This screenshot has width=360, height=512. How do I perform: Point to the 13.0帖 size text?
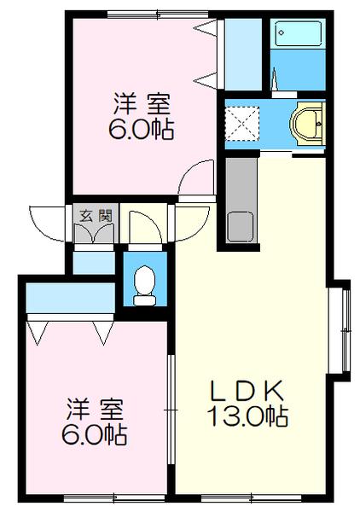click(x=247, y=417)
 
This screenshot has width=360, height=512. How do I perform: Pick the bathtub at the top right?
click(x=296, y=35)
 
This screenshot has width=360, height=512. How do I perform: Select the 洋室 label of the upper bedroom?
click(x=142, y=106)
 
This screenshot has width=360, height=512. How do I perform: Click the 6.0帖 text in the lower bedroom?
click(x=93, y=435)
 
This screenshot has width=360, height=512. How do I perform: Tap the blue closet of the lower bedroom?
click(x=70, y=300)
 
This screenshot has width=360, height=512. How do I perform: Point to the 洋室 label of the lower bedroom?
click(x=93, y=409)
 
